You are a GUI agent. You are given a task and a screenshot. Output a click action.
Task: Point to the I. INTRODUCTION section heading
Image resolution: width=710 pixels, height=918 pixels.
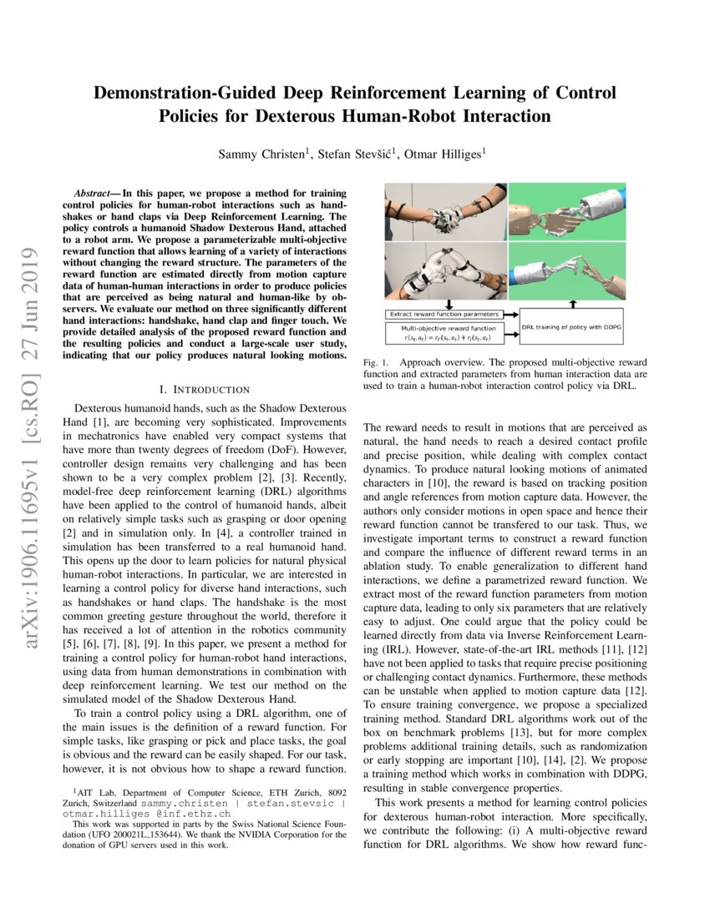click(x=205, y=390)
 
